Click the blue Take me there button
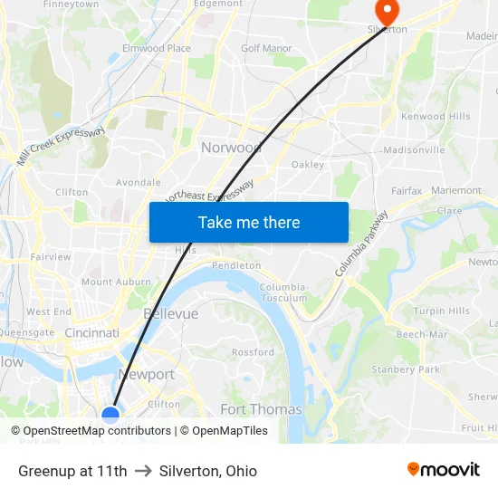249,222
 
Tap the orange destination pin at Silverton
387,13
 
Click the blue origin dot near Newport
110,416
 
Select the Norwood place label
231,148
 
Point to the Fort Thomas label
261,409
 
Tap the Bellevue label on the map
170,313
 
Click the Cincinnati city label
91,333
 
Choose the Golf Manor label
266,48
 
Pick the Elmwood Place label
157,48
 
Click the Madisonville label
414,149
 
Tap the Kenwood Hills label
436,117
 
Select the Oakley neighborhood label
308,165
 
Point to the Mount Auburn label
116,283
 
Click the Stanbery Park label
405,369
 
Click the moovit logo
443,470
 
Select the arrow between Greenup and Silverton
143,471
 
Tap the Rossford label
253,352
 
